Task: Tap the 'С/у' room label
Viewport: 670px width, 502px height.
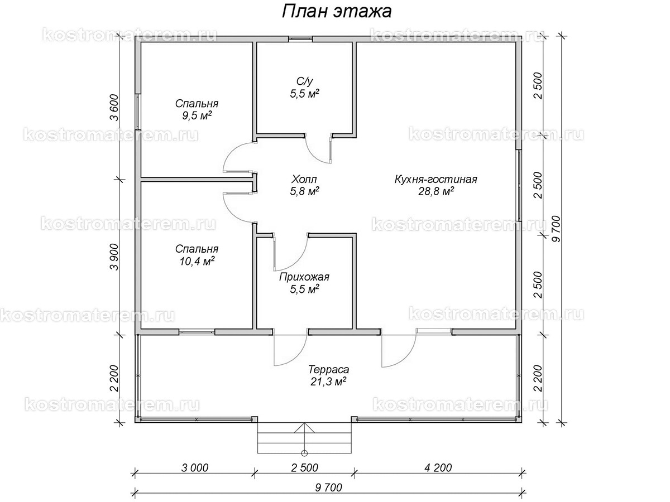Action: point(304,81)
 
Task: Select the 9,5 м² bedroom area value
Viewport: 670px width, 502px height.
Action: point(197,115)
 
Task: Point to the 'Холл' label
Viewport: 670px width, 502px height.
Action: point(304,179)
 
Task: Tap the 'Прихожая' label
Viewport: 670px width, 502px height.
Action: point(304,277)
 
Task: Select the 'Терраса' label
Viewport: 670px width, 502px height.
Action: point(328,370)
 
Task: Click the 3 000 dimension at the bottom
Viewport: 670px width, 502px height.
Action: point(195,467)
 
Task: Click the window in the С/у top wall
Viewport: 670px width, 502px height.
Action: point(300,39)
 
